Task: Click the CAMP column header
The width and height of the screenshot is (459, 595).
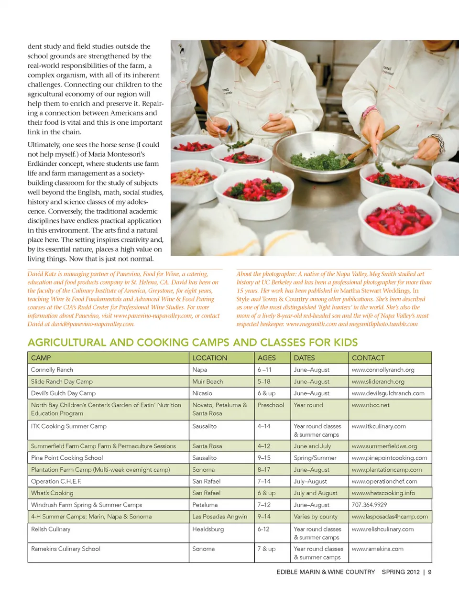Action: [x=41, y=358]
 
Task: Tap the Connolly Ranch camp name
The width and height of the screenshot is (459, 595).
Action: [x=52, y=370]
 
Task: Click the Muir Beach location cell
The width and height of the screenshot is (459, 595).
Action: [x=208, y=382]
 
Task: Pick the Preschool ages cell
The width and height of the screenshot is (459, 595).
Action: [x=271, y=405]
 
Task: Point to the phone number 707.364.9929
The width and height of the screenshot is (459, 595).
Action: [x=370, y=505]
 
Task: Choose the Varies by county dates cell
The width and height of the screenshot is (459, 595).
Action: [x=316, y=517]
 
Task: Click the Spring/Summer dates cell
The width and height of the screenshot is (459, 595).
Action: [x=315, y=458]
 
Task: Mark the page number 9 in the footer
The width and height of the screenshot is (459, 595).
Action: [x=430, y=572]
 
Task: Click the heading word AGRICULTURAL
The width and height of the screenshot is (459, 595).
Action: [x=67, y=343]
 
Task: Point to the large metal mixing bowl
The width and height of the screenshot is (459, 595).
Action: [x=316, y=153]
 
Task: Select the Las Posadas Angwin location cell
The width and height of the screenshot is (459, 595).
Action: [x=220, y=517]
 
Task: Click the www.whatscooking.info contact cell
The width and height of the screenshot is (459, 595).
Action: [x=383, y=493]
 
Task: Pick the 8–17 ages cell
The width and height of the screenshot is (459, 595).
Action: [x=264, y=470]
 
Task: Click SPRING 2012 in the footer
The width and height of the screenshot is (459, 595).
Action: [x=401, y=572]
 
